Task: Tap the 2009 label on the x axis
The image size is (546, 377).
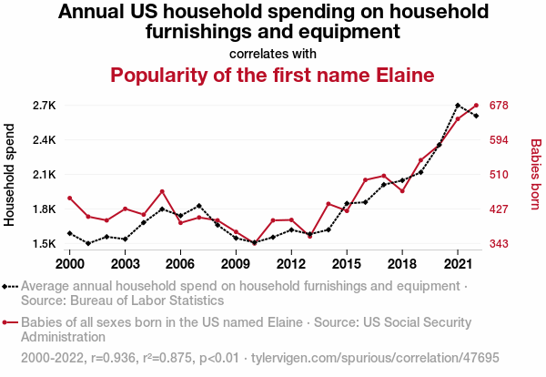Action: click(236, 263)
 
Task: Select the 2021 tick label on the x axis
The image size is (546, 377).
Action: click(458, 263)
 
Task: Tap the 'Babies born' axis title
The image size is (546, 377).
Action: click(536, 175)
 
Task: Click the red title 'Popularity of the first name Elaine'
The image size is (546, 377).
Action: click(272, 75)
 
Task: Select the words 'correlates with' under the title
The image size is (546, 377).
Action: click(272, 53)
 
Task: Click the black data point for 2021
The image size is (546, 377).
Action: click(458, 106)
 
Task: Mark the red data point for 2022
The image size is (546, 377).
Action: click(476, 106)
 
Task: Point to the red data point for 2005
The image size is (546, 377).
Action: click(162, 191)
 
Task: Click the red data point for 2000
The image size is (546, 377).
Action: click(69, 198)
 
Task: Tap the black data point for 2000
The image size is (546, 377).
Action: click(69, 233)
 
